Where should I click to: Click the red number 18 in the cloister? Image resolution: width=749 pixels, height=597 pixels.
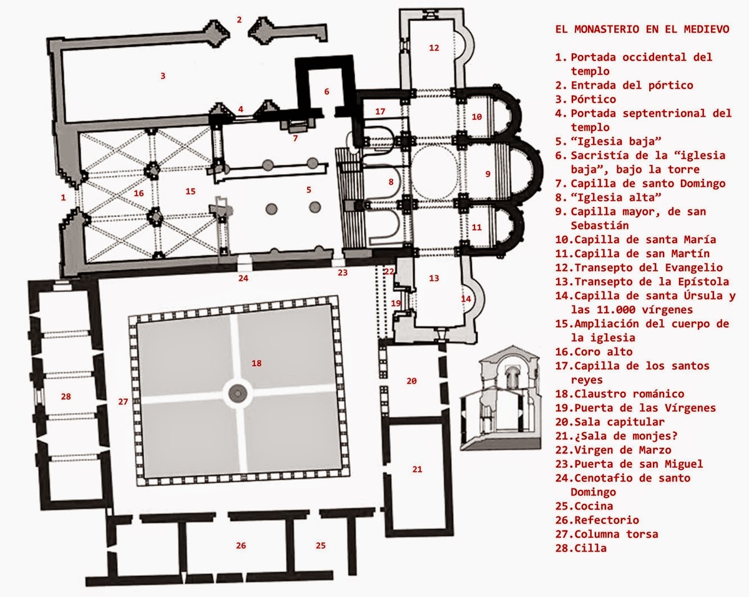tap(256, 362)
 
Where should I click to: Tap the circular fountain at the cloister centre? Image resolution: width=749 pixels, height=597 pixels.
tap(238, 392)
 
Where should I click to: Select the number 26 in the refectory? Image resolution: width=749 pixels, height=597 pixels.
tap(241, 546)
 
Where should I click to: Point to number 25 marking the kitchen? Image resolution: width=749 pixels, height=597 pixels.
tap(320, 546)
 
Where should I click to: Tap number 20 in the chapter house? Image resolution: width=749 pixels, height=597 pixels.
tap(411, 381)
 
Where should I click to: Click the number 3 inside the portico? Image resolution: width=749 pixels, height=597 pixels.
tap(163, 76)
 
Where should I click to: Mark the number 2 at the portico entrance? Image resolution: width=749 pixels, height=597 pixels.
tap(239, 19)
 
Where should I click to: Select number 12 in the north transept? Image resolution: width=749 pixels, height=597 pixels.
tap(434, 47)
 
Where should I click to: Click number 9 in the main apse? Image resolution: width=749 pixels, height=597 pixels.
tap(488, 173)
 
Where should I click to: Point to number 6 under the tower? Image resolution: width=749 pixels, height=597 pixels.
tap(326, 91)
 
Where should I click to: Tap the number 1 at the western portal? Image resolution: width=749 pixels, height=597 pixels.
tap(63, 198)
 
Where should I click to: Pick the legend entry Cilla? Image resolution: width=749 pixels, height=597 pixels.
tap(581, 548)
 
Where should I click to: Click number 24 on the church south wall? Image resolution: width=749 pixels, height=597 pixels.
tap(243, 278)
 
